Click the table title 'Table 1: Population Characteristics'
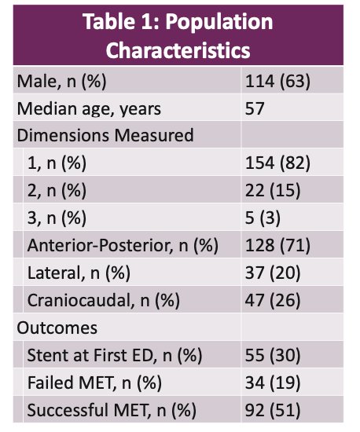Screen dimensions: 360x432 pos(178,35)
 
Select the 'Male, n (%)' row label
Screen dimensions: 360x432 pos(61,82)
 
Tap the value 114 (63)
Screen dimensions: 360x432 pos(277,82)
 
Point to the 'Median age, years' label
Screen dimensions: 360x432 pos(89,109)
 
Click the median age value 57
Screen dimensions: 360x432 pos(255,108)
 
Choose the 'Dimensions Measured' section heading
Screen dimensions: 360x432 pos(105,135)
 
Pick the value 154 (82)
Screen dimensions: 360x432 pos(277,163)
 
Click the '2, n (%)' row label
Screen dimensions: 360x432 pos(57,190)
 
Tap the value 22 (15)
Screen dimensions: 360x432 pos(273,190)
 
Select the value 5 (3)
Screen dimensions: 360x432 pos(263,218)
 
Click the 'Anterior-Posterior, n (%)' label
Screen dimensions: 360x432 pos(123,245)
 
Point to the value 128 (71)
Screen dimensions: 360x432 pos(277,245)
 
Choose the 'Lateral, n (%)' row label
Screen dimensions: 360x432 pos(79,273)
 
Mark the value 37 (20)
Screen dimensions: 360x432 pos(273,273)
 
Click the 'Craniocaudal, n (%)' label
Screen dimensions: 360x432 pos(104,300)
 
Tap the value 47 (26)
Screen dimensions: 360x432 pos(273,300)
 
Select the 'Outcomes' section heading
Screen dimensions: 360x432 pos(57,328)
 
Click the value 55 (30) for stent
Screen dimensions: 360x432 pos(273,355)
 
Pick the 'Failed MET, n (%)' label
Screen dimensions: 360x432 pos(94,383)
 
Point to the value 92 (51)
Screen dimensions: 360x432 pos(273,410)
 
